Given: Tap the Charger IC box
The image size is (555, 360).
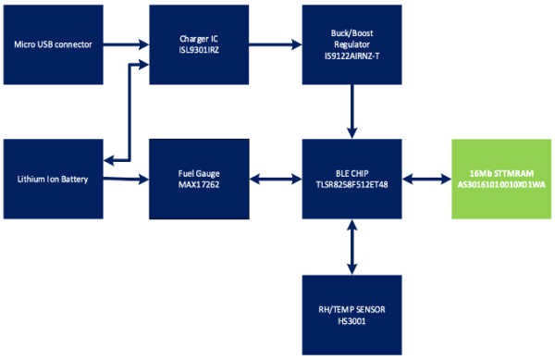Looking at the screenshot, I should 200,43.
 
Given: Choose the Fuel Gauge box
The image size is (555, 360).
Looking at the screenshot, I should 200,179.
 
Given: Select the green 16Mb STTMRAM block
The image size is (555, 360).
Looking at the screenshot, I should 499,179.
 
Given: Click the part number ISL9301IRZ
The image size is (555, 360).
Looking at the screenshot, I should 200,51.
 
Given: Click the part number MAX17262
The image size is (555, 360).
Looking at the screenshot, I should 200,185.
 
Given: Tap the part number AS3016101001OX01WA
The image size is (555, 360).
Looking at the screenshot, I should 499,185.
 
